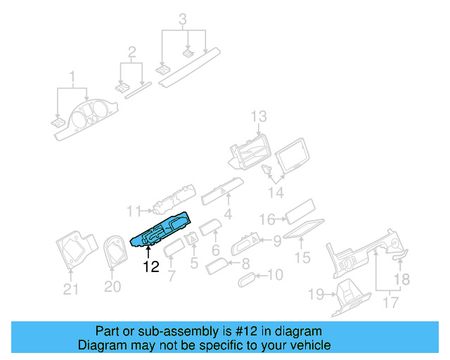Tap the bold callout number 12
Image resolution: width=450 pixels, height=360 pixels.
tap(150, 267)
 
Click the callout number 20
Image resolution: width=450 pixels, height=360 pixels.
tap(112, 286)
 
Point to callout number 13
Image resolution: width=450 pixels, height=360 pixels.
tap(259, 116)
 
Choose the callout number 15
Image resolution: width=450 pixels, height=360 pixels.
tap(302, 259)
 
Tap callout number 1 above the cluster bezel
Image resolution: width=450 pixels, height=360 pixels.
tap(71, 75)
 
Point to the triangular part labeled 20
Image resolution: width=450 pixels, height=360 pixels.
tap(112, 254)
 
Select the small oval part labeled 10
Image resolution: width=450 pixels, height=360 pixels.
tap(247, 280)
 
